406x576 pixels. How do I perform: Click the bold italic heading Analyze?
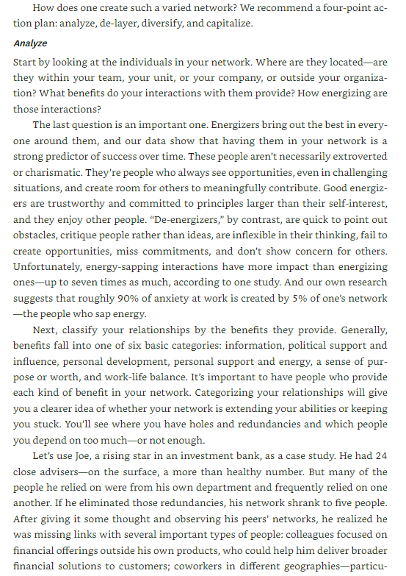point(30,43)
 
